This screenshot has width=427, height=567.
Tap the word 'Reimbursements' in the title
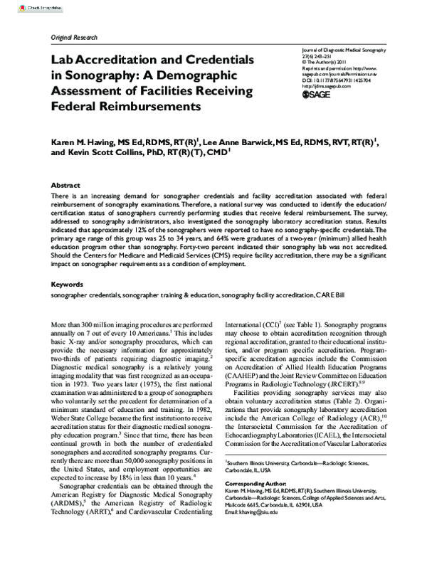[152, 107]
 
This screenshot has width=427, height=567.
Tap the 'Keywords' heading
[68, 285]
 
